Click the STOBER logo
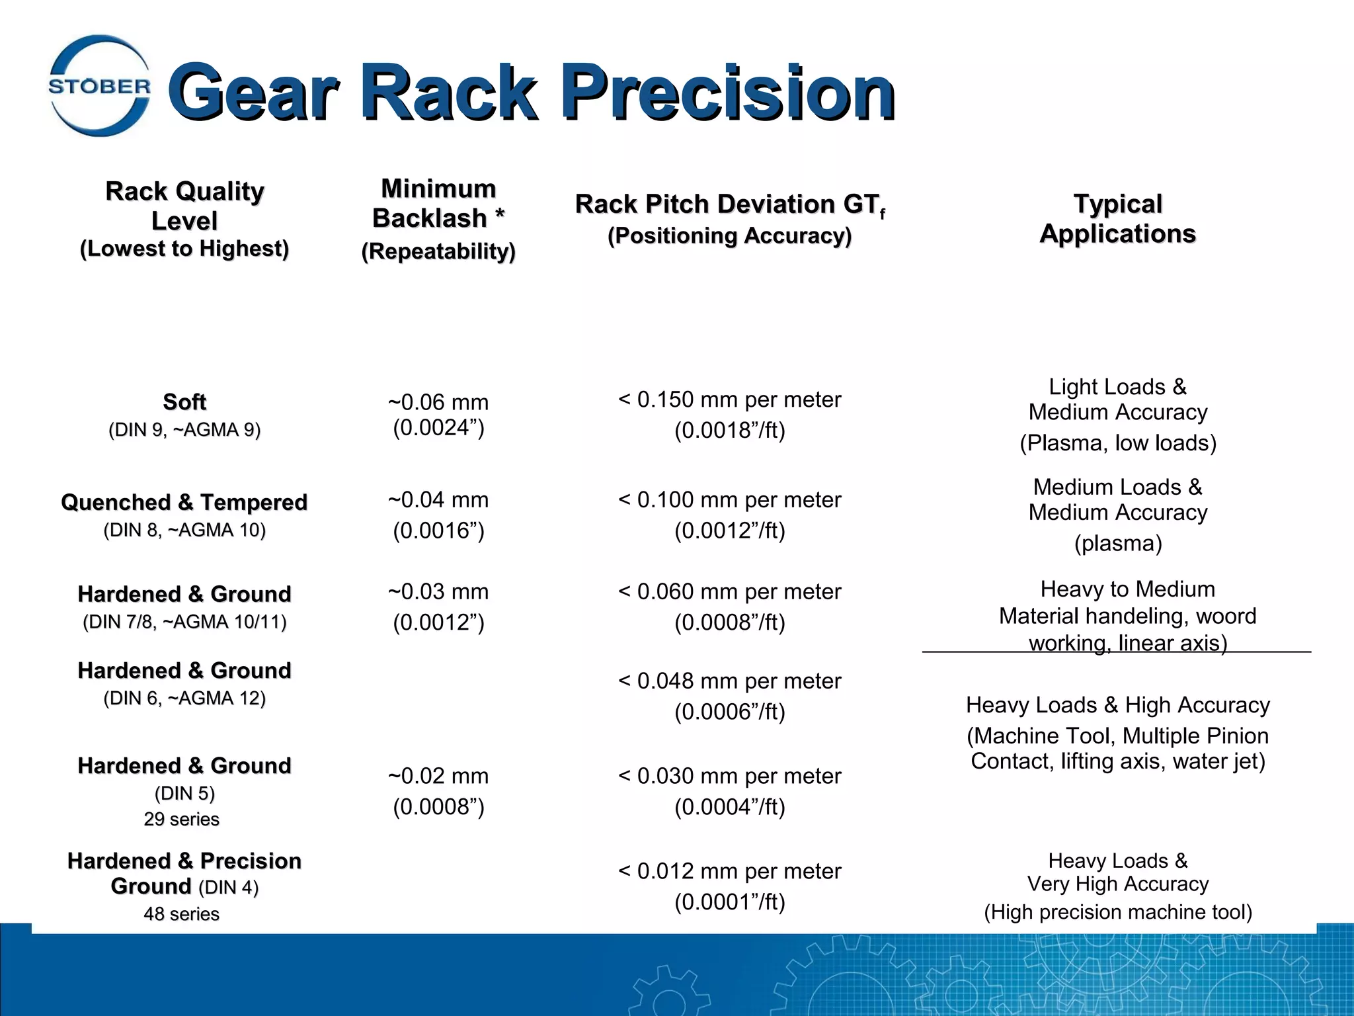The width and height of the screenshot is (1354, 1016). pyautogui.click(x=99, y=86)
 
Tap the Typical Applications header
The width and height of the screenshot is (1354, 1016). pyautogui.click(x=1117, y=218)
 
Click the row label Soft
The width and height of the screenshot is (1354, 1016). pyautogui.click(x=184, y=402)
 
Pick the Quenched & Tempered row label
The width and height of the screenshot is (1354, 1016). pyautogui.click(x=184, y=503)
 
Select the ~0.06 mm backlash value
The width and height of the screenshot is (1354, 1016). pyautogui.click(x=438, y=402)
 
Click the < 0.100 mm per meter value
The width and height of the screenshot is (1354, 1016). pyautogui.click(x=729, y=500)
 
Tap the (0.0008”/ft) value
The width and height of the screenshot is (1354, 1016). pyautogui.click(x=729, y=622)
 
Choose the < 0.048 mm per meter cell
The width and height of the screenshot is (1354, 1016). pyautogui.click(x=729, y=681)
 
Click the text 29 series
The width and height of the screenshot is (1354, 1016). pyautogui.click(x=182, y=819)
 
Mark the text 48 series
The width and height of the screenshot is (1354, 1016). pyautogui.click(x=182, y=914)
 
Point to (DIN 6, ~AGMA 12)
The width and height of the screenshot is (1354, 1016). pyautogui.click(x=184, y=698)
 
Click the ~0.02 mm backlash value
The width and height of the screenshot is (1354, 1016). pyautogui.click(x=438, y=776)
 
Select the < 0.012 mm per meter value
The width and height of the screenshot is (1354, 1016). pyautogui.click(x=729, y=871)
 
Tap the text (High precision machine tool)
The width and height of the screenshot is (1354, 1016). pyautogui.click(x=1117, y=912)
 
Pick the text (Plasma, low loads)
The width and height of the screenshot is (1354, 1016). pyautogui.click(x=1117, y=443)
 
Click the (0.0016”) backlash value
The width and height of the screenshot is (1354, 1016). pyautogui.click(x=438, y=530)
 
